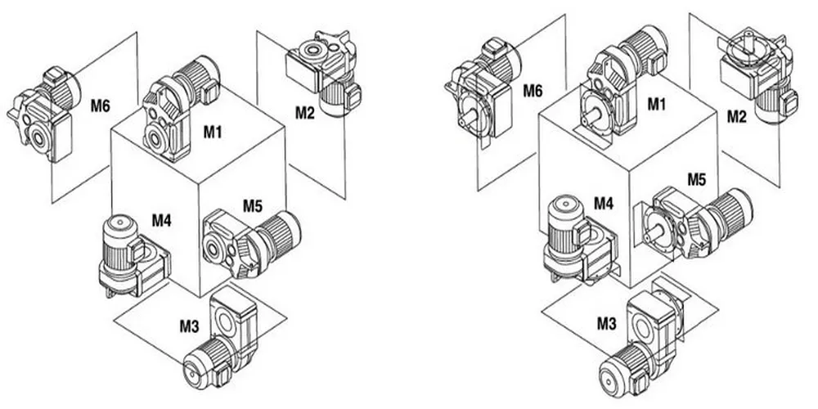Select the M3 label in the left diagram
click(189, 326)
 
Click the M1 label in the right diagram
click(657, 104)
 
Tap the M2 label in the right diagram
click(737, 117)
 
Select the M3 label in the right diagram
click(606, 325)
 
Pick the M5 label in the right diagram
click(696, 178)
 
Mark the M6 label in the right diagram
click(533, 89)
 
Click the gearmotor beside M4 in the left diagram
click(131, 254)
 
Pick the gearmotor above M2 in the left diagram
click(324, 70)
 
